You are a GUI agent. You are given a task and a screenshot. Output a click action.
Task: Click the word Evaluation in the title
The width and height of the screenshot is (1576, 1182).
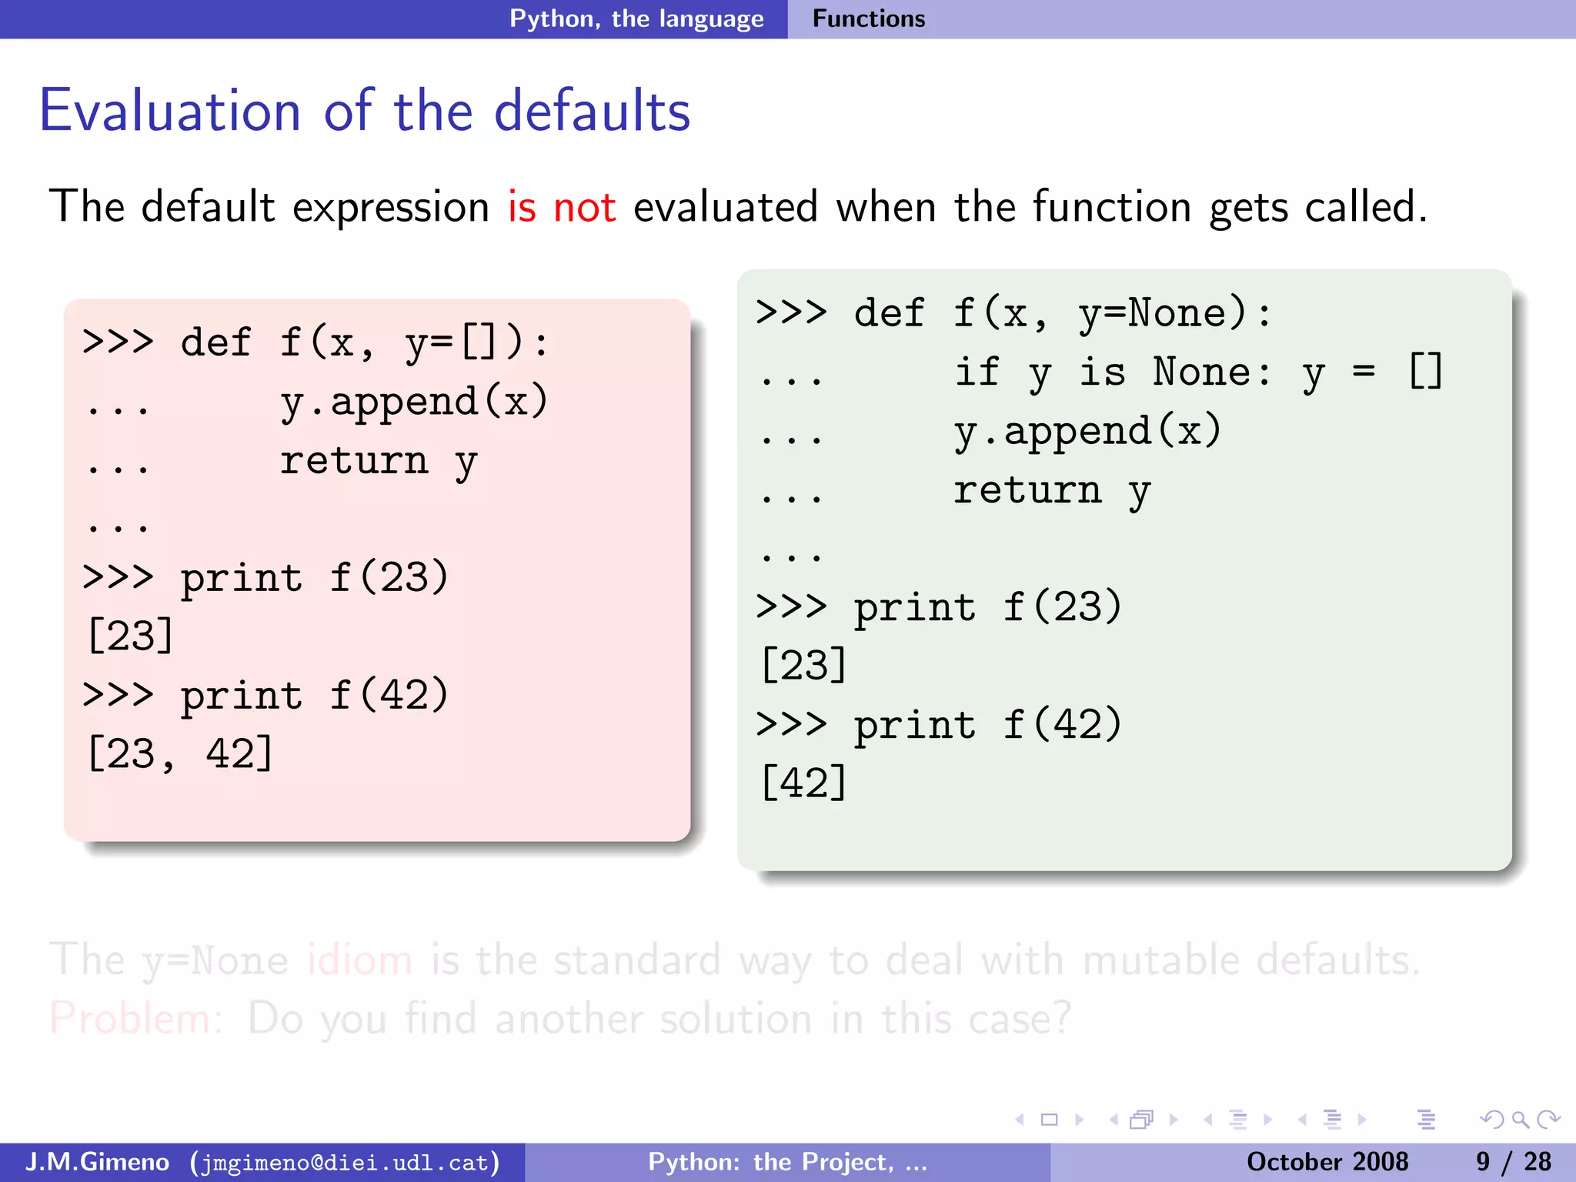point(169,112)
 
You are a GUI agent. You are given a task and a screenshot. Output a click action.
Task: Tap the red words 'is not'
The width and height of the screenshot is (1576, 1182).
point(561,207)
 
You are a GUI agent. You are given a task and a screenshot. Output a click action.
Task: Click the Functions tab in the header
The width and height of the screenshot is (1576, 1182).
point(868,18)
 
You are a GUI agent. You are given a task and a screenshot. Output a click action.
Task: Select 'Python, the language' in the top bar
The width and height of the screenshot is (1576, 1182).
point(636,18)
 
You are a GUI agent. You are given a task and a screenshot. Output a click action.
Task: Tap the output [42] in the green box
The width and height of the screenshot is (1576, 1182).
point(803,783)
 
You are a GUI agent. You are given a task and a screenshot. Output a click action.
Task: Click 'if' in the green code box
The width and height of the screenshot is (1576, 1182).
point(977,372)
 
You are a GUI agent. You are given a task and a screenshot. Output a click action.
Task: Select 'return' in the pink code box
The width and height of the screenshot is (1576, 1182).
point(353,462)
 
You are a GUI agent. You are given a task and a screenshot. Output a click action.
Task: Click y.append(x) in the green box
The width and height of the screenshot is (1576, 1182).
point(1087,431)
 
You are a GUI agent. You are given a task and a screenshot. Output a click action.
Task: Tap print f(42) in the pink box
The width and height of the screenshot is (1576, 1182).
point(314,696)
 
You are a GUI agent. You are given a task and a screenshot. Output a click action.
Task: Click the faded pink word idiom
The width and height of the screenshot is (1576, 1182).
point(359,960)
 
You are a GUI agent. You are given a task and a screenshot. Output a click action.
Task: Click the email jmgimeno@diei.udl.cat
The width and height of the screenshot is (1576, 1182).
point(345,1162)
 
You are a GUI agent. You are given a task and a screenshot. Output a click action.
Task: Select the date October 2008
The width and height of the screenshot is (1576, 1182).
point(1327,1162)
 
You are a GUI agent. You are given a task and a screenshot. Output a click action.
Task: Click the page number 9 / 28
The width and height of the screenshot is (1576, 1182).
point(1513,1162)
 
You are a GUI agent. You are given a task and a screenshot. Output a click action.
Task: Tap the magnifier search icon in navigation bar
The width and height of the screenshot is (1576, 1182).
point(1520,1120)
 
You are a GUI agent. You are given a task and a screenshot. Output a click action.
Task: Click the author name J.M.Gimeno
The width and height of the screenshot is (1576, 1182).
point(97,1162)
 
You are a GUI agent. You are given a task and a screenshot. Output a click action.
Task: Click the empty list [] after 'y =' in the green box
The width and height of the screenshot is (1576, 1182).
point(1424,372)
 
